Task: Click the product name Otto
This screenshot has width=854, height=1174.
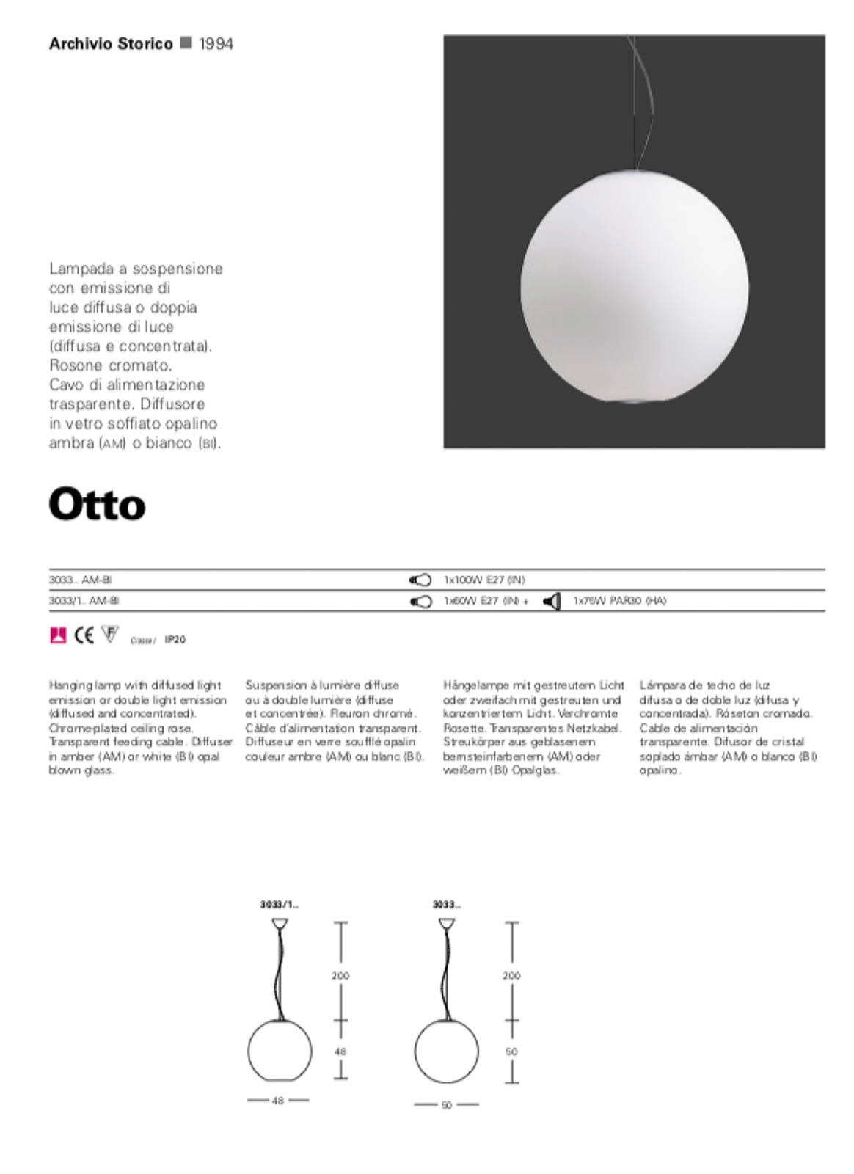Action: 97,505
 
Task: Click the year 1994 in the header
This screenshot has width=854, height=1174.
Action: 216,44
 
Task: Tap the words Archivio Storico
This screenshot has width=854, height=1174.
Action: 111,44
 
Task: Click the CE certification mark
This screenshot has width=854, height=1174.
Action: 84,635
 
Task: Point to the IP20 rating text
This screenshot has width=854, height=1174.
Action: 175,640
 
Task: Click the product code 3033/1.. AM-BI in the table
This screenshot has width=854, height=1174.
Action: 84,601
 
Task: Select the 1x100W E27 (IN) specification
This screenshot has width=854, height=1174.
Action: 484,580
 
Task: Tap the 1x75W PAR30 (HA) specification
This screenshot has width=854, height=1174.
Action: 619,601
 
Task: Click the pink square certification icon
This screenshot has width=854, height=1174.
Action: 58,635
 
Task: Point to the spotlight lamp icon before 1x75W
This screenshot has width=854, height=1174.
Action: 552,602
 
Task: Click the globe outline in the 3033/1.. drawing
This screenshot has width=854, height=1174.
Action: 280,1051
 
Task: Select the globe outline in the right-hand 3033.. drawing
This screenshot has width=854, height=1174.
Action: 446,1051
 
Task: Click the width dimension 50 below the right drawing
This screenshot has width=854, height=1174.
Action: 446,1105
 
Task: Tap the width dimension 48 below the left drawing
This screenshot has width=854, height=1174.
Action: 278,1101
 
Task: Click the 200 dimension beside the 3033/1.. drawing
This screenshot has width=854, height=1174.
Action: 340,976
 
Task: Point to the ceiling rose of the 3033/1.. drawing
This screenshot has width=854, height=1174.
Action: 280,924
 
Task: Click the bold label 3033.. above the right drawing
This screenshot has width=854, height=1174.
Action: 446,905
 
